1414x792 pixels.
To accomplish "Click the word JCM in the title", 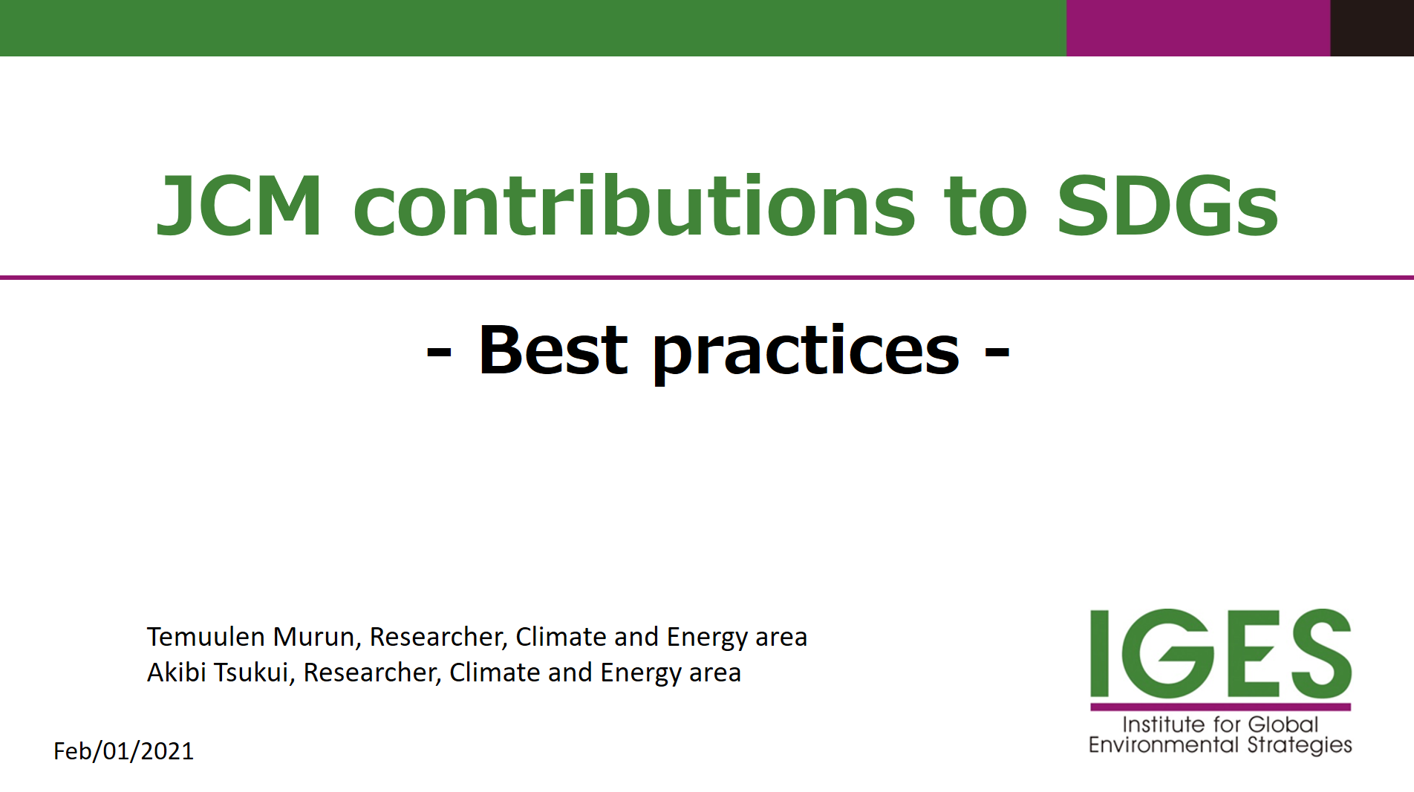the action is [x=240, y=206].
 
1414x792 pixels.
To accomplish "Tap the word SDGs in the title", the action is [x=1167, y=206].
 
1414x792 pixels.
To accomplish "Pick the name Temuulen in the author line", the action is [x=206, y=637].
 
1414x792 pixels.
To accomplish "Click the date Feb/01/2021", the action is [x=123, y=751].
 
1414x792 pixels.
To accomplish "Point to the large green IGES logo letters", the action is [x=1221, y=652].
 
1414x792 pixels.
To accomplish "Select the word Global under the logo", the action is [x=1283, y=724].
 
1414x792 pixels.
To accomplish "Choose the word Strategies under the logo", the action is [x=1300, y=745].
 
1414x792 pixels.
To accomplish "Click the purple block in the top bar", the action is [x=1198, y=28].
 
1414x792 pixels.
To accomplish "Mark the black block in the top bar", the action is [x=1372, y=28].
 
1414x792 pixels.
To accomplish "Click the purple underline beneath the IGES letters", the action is [x=1221, y=707].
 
